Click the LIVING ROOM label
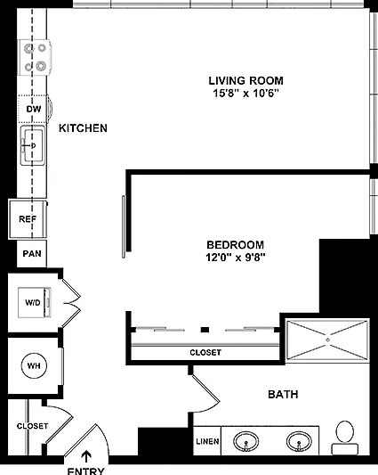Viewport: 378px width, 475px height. [245, 80]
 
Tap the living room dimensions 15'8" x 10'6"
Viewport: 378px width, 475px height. [245, 93]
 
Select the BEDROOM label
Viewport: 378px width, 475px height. [236, 245]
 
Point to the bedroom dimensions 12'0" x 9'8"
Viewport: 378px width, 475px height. [236, 258]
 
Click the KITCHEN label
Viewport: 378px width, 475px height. [83, 128]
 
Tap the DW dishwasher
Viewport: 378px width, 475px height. [33, 109]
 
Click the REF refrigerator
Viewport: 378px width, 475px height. [28, 218]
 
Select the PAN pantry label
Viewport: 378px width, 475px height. [32, 254]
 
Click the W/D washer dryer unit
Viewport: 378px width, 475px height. [34, 302]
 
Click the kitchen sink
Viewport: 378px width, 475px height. [33, 146]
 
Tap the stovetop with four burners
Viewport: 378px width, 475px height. [35, 57]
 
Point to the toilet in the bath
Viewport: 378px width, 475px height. [345, 438]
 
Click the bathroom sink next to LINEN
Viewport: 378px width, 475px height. [245, 441]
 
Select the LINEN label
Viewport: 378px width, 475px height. [207, 441]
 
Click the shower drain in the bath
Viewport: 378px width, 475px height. [327, 340]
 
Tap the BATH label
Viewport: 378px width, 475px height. [283, 395]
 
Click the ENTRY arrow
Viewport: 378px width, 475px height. [86, 456]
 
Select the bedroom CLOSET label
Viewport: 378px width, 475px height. [205, 352]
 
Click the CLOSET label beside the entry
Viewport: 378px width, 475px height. [32, 426]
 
